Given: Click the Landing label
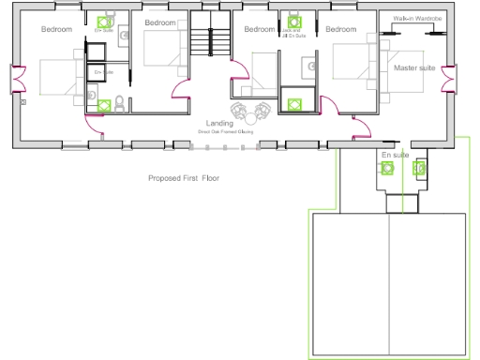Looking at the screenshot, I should (219, 124).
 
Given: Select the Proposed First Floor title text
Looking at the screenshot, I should (184, 177).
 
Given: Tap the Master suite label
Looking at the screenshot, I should (414, 68).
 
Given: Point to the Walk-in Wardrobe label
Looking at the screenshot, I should (411, 18).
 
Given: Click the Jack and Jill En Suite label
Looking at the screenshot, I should (294, 34).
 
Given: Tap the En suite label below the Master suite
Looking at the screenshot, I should (394, 154).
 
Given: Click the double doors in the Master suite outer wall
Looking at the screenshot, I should (451, 80).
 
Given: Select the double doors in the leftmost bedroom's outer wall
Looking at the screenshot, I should (15, 81).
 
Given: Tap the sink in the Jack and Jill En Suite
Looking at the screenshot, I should (307, 66).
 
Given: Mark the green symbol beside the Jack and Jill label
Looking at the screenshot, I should (294, 21).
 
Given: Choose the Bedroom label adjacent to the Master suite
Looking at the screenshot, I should (340, 29).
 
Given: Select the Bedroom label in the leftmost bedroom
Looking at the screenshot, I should (56, 29).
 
